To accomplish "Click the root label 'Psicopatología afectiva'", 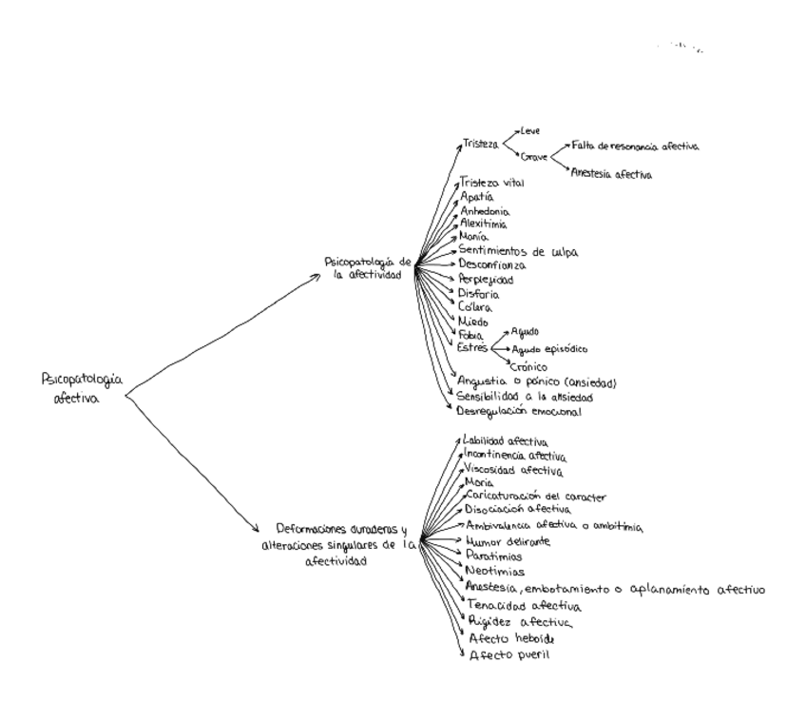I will click(x=82, y=387).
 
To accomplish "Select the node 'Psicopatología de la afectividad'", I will click(x=368, y=266).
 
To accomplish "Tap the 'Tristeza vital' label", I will click(x=491, y=183).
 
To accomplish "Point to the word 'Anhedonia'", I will click(x=485, y=210).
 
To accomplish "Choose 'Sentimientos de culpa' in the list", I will click(x=518, y=251).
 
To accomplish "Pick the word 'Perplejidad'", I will click(x=486, y=281).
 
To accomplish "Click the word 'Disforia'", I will click(x=479, y=294).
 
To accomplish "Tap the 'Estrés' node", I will click(x=473, y=348).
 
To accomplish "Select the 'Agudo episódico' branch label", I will click(x=549, y=349).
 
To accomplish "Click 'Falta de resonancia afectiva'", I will click(x=635, y=146).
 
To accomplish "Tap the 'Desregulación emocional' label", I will click(x=518, y=412).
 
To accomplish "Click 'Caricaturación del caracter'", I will click(x=536, y=497).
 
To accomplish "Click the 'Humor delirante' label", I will click(x=508, y=541).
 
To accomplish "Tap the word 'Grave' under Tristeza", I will click(x=535, y=156).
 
